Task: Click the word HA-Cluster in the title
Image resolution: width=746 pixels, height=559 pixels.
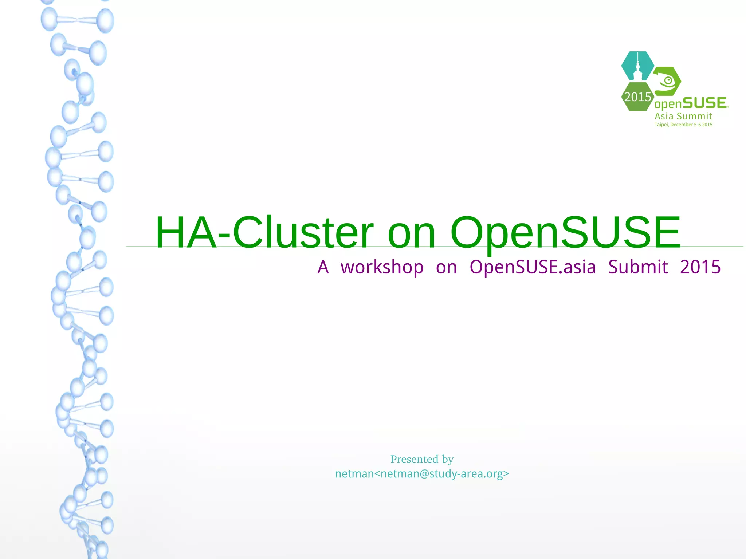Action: (x=264, y=232)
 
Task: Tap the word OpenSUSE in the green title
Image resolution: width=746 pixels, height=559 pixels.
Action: (x=565, y=232)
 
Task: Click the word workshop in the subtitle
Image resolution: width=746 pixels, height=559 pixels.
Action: (x=382, y=267)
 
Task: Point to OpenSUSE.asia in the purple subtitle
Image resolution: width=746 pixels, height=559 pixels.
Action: (x=533, y=267)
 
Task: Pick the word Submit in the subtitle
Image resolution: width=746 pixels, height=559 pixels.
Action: (x=638, y=267)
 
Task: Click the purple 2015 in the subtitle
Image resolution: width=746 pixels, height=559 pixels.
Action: (x=700, y=267)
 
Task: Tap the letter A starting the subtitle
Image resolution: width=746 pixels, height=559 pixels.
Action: (x=323, y=267)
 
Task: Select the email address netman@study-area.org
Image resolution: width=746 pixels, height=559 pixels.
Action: (x=441, y=474)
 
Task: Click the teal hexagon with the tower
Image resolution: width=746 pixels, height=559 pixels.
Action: (x=637, y=66)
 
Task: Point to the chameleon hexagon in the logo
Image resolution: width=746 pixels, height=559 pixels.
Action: (x=667, y=81)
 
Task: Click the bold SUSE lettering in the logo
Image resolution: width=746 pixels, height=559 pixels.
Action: (x=704, y=103)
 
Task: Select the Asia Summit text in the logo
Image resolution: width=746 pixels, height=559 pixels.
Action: (x=683, y=116)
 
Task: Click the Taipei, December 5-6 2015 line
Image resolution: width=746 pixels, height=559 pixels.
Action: (x=683, y=125)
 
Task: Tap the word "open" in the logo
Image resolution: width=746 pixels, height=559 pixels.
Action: (x=668, y=105)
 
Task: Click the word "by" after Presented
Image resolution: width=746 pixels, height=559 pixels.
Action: (x=448, y=460)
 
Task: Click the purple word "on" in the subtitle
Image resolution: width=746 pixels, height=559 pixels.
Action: (x=446, y=267)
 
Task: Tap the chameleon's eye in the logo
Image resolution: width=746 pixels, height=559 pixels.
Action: (x=668, y=80)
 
